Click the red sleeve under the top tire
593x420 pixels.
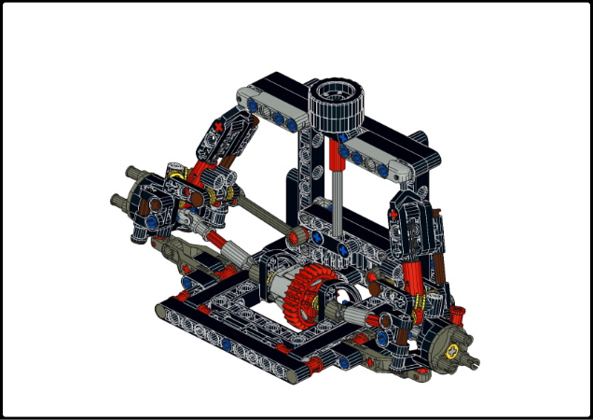point(336,155)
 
